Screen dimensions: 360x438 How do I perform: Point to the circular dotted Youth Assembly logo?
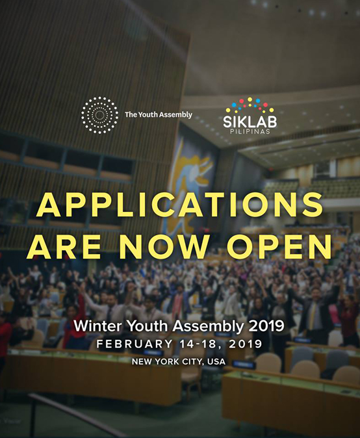(x=99, y=115)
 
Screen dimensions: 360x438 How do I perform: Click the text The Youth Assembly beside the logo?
(x=159, y=114)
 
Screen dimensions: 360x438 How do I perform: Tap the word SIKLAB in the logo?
(x=250, y=122)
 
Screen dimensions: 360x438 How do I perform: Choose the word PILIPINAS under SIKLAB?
(x=250, y=131)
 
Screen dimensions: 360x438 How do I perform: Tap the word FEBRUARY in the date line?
(x=135, y=344)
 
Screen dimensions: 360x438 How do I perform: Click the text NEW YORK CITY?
(x=168, y=362)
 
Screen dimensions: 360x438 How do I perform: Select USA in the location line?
(x=216, y=362)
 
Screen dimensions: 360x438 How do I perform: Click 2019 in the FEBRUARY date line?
(x=245, y=344)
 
